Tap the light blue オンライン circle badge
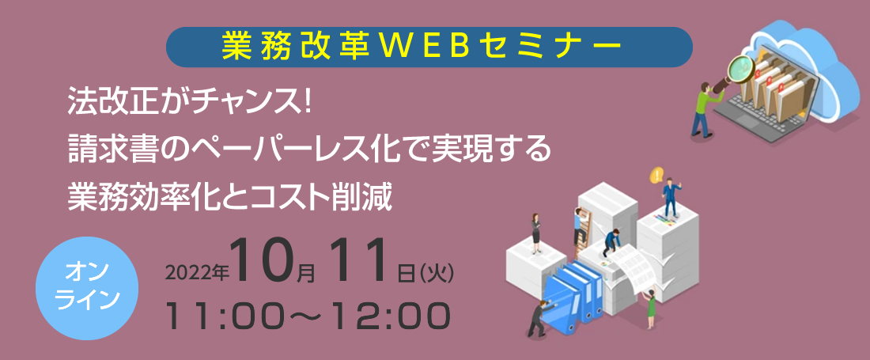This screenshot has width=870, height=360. pos(88,289)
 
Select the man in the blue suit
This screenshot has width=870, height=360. pos(671,198)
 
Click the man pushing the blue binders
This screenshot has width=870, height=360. pos(538,319)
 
